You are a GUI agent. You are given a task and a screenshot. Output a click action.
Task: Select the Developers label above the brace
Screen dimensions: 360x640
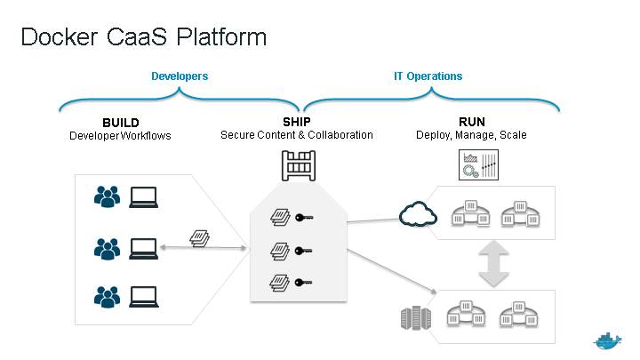(x=180, y=76)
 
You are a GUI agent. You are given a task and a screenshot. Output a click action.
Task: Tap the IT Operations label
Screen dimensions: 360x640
(x=428, y=76)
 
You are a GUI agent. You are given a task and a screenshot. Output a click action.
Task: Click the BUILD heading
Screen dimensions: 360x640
(x=121, y=123)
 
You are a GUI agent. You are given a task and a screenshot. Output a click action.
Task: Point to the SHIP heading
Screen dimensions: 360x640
(x=297, y=123)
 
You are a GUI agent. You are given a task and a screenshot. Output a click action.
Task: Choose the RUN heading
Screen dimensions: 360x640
(x=471, y=123)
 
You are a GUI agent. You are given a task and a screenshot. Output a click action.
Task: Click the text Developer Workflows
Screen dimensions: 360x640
(x=120, y=136)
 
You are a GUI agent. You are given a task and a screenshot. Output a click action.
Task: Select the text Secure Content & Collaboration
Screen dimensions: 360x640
(x=297, y=135)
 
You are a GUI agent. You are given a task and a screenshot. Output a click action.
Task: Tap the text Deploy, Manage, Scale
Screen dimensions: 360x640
(x=471, y=135)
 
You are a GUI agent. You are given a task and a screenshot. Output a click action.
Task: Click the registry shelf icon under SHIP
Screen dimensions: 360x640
(x=298, y=165)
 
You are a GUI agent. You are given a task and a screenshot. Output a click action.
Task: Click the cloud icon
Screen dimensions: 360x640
(x=415, y=214)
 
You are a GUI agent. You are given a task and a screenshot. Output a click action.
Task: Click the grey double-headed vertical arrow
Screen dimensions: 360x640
(x=493, y=265)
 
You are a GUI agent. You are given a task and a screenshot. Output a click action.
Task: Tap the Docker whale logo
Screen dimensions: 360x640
(x=608, y=342)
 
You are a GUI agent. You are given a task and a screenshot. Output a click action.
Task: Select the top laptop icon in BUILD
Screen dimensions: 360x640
(x=143, y=196)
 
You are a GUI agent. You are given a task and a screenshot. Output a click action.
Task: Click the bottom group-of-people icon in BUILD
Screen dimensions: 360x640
(x=108, y=295)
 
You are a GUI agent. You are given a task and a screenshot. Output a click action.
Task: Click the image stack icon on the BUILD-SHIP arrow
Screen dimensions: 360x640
(x=200, y=237)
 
